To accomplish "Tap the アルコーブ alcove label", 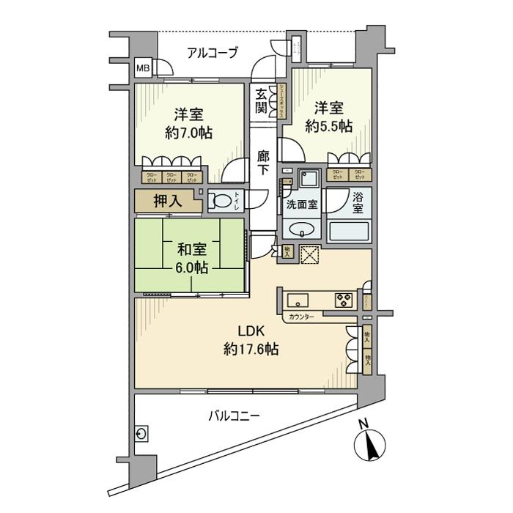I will [x=212, y=52].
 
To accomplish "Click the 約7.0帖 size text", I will [x=188, y=134].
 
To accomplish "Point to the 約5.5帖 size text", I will [x=330, y=126].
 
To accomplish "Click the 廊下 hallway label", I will [x=263, y=162].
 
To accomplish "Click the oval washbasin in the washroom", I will [x=301, y=231].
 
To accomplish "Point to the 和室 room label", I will [x=188, y=248].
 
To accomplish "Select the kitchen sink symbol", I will [x=298, y=300].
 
